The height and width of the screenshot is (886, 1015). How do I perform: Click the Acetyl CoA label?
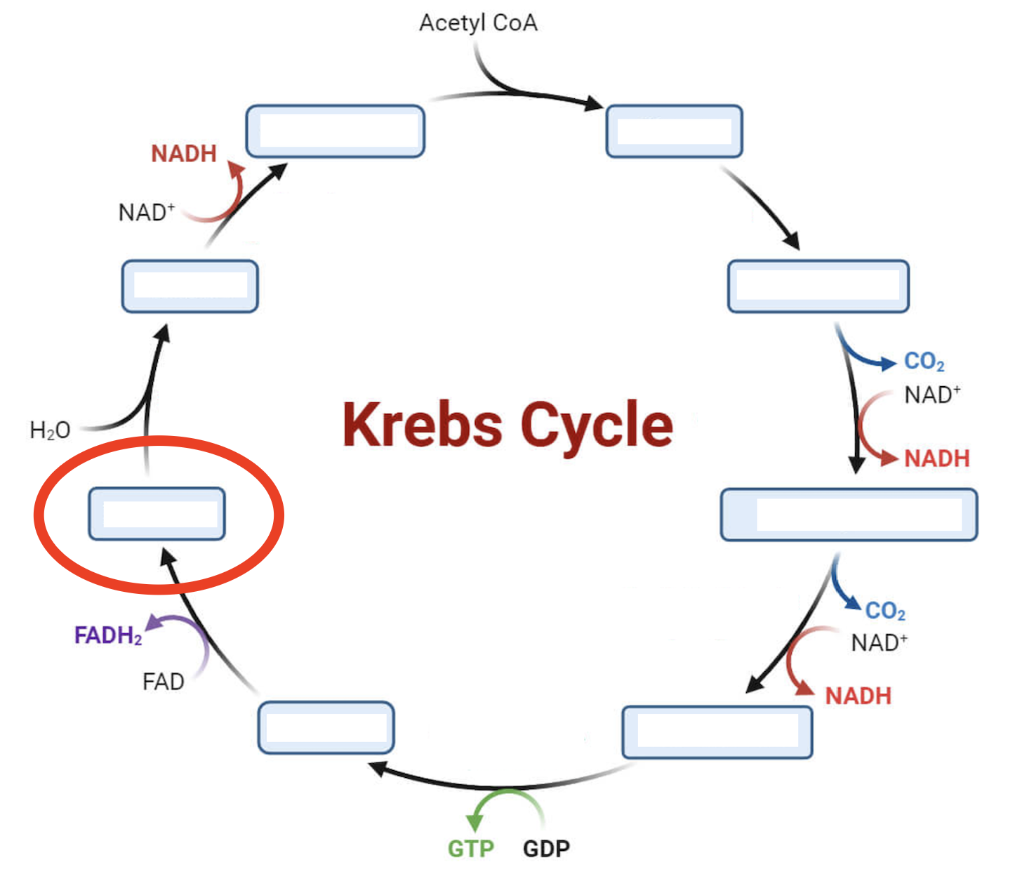(478, 23)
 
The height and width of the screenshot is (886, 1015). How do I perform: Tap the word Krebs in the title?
(422, 425)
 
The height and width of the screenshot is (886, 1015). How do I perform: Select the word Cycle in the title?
(597, 426)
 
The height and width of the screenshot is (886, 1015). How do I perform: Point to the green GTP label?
(470, 848)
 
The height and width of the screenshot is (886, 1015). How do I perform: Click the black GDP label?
(546, 848)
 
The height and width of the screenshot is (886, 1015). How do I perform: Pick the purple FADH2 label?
(108, 635)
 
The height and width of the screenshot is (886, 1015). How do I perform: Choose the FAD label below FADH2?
(163, 681)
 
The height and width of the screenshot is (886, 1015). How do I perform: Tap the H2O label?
(50, 430)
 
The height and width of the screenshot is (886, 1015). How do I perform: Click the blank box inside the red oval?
(157, 514)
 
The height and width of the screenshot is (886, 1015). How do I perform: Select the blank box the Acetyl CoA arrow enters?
(674, 131)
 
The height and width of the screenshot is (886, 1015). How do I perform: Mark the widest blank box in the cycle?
(849, 515)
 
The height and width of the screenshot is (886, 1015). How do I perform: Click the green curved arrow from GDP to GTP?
(507, 797)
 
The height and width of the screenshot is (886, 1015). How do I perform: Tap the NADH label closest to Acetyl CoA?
(184, 153)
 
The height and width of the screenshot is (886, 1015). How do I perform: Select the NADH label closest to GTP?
(858, 696)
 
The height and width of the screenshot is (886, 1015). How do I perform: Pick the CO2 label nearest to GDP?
(884, 611)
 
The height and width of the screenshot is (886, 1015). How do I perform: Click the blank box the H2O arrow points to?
(190, 286)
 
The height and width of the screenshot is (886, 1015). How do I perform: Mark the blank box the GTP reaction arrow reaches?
(326, 727)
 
